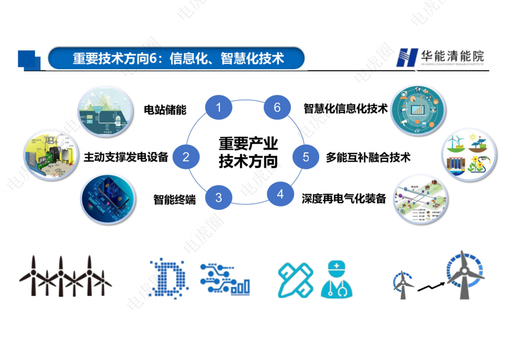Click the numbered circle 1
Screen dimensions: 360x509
219,108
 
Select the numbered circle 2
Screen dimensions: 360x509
186,157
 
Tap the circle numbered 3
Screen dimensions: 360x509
219,197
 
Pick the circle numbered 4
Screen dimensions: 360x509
280,194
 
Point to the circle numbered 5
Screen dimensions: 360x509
306,157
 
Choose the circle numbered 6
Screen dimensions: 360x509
277,108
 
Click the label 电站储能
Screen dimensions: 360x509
165,110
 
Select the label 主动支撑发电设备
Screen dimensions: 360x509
126,157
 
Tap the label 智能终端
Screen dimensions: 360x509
175,199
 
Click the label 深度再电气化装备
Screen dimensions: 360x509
344,198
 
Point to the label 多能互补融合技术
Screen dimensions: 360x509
368,157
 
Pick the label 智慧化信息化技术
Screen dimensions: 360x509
346,108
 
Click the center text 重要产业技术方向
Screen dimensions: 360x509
248,153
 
